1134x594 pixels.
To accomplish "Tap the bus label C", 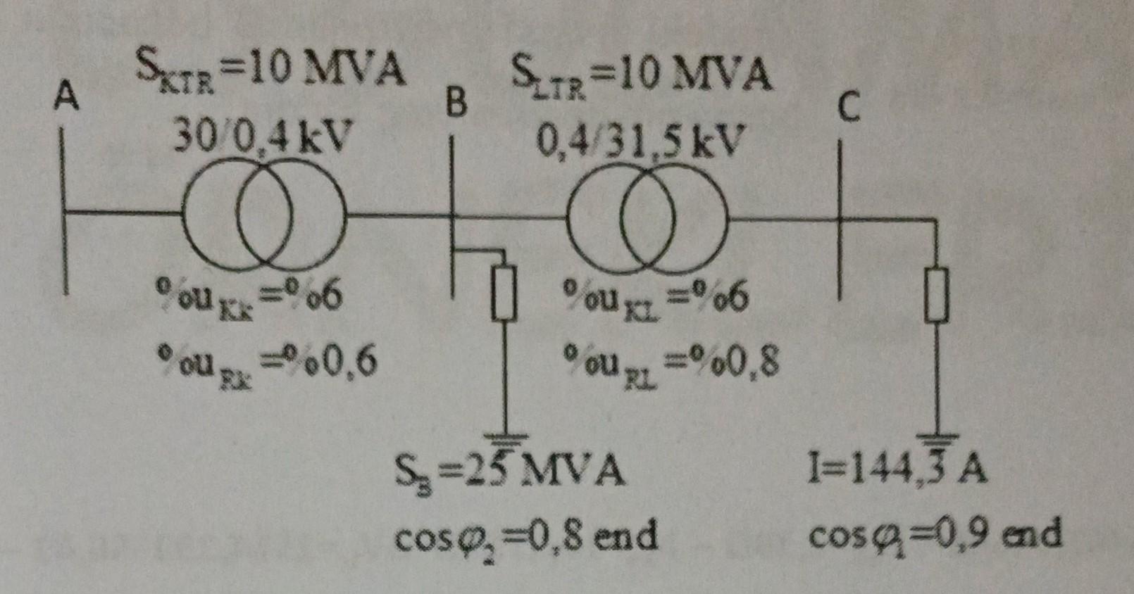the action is [x=849, y=108].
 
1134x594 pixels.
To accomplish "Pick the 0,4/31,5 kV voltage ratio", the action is [x=640, y=142].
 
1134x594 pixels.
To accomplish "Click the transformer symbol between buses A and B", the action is [x=264, y=214].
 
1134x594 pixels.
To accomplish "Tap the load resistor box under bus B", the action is [x=504, y=293].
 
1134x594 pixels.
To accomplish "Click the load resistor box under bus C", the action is [x=936, y=296].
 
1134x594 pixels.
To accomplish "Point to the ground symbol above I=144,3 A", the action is [x=937, y=440].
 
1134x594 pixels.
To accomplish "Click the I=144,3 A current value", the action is [x=897, y=470].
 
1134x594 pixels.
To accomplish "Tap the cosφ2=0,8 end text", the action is [x=525, y=537].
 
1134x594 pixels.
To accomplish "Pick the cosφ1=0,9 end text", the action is [x=934, y=536].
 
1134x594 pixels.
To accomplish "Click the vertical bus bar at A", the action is [x=65, y=211].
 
